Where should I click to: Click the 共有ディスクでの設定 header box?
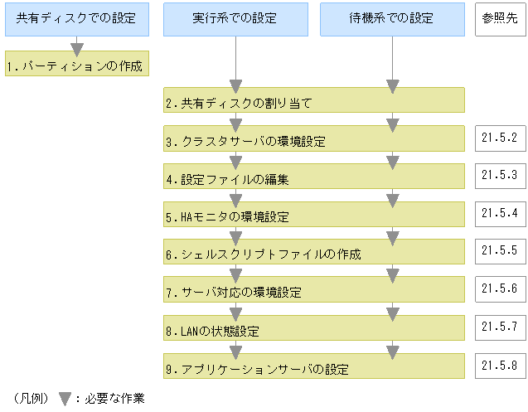tap(76, 18)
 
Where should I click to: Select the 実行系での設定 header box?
tap(235, 18)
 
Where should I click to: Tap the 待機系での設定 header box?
tap(393, 18)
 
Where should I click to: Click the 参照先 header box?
tap(500, 18)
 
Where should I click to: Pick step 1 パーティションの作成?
tap(76, 65)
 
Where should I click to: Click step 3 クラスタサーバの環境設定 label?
tap(245, 142)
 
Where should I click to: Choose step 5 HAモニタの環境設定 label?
tap(226, 218)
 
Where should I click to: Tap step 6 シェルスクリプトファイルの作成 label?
tap(263, 254)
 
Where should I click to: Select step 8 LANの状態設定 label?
tap(212, 332)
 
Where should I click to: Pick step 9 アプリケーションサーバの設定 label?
tap(256, 369)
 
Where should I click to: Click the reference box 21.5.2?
tap(500, 138)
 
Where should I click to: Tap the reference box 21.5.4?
tap(500, 213)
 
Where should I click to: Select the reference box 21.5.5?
tap(500, 250)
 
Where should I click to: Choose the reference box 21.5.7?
tap(500, 326)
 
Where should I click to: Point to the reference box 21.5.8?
tap(500, 365)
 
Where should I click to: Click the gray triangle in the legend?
tap(65, 399)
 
